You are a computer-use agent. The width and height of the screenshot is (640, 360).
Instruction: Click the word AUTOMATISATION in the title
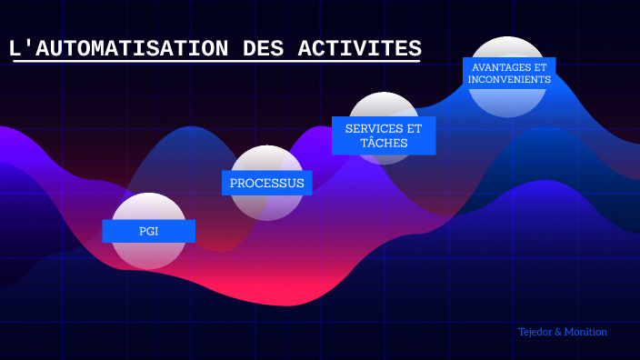click(x=132, y=48)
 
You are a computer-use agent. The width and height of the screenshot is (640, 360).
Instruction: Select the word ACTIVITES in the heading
click(x=360, y=48)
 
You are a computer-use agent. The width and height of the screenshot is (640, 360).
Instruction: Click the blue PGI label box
click(x=148, y=231)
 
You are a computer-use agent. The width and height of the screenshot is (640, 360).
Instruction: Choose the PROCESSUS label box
click(x=267, y=183)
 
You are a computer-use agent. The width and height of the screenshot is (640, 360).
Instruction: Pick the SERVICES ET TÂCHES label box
click(x=384, y=135)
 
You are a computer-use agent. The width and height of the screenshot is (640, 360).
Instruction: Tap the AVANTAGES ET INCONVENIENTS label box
click(x=509, y=74)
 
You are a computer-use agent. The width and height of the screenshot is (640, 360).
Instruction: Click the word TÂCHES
click(x=384, y=143)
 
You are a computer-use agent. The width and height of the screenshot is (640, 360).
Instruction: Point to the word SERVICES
click(x=369, y=128)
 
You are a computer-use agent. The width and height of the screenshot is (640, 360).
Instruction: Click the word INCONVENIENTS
click(x=509, y=79)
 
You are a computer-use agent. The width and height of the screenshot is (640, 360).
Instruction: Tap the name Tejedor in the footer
click(x=535, y=332)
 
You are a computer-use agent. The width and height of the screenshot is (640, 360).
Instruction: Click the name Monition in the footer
click(x=585, y=332)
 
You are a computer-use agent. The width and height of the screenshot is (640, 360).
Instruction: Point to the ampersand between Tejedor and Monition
click(x=558, y=332)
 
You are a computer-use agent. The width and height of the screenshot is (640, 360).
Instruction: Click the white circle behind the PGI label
click(x=148, y=206)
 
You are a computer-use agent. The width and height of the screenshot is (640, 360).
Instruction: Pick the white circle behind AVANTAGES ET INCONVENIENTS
click(x=507, y=47)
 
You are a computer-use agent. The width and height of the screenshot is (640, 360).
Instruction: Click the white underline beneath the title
click(x=216, y=62)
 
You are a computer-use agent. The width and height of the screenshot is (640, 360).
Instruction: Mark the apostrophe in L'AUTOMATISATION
click(x=29, y=43)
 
